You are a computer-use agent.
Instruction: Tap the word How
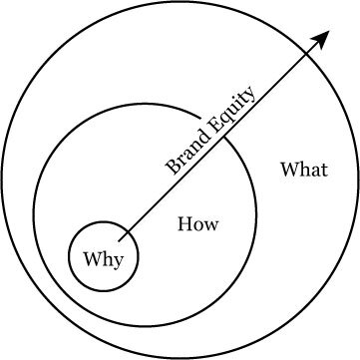click(197, 224)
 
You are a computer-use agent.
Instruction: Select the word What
click(304, 169)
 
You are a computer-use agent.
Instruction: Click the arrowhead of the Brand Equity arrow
click(324, 36)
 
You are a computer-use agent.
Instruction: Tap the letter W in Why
click(91, 261)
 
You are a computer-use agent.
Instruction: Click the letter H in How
click(184, 224)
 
